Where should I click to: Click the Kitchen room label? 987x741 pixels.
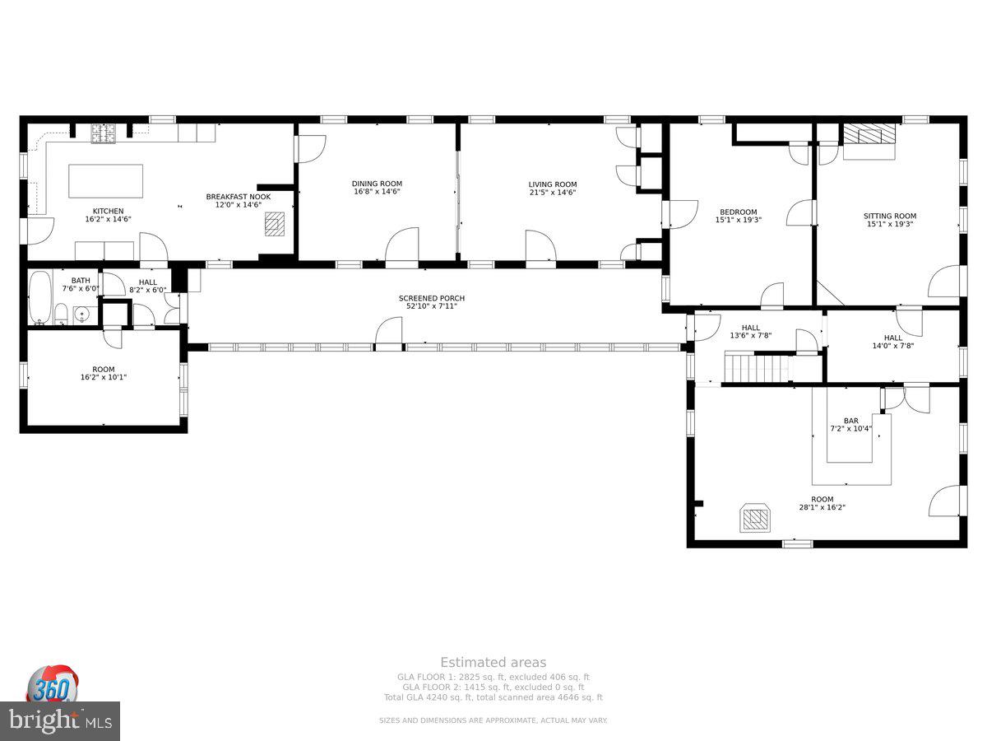tap(108, 211)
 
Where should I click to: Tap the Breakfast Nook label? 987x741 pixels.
tap(238, 197)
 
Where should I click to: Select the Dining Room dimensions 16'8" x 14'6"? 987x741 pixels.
tap(377, 192)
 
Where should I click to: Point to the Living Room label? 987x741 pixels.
tap(552, 184)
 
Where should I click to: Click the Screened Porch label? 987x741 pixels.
tap(427, 298)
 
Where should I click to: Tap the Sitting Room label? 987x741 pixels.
tap(889, 216)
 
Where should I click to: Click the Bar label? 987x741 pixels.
tap(850, 421)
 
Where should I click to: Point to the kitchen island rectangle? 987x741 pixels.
tap(105, 181)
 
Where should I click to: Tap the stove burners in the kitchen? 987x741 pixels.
tap(103, 133)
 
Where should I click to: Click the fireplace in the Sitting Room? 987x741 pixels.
tap(869, 136)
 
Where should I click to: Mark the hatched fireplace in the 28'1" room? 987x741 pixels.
tap(756, 519)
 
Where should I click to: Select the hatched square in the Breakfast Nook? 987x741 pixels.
tap(276, 224)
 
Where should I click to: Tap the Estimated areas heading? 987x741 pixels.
tap(493, 662)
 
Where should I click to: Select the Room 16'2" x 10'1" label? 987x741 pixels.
tap(104, 373)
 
